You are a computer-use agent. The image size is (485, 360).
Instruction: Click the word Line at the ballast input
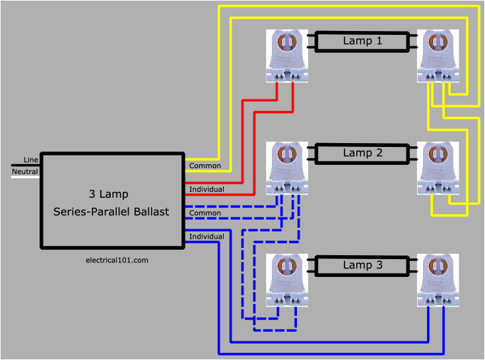coord(31,160)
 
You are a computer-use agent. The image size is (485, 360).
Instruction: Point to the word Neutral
coord(25,171)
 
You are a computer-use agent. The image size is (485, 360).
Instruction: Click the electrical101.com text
coord(117,260)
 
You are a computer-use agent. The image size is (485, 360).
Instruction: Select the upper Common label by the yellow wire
coord(205,165)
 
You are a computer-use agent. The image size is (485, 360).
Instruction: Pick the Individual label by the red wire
coord(207,189)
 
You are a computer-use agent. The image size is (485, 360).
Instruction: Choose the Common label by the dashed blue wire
coord(205,213)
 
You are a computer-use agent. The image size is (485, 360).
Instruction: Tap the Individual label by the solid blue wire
coord(207,236)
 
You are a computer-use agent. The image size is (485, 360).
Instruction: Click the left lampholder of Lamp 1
coord(288,56)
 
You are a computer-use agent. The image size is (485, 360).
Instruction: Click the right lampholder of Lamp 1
coord(438,56)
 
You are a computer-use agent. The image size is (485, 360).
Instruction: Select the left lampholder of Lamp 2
coord(288,168)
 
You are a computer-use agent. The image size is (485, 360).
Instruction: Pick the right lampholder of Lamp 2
coord(438,168)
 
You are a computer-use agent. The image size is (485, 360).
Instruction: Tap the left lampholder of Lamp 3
coord(288,280)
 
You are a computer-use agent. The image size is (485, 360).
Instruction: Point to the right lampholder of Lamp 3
coord(438,280)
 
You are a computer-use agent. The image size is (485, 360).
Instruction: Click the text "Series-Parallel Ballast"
coord(111,212)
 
